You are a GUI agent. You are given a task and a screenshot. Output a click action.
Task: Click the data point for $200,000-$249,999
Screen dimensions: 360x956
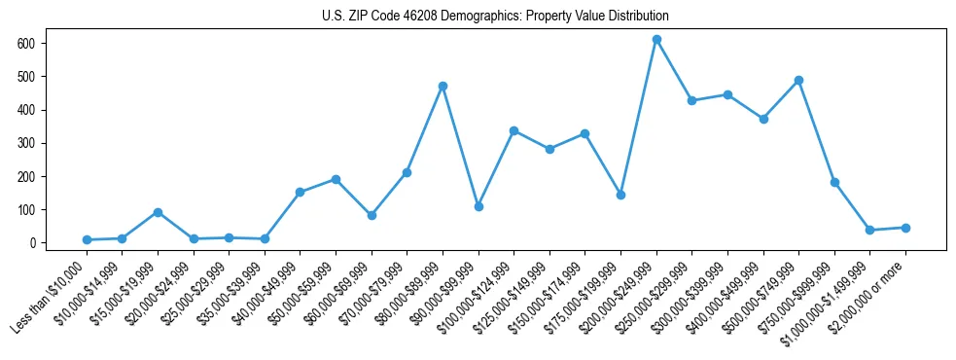(x=656, y=39)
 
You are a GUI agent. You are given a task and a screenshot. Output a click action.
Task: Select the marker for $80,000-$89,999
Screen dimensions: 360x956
(x=443, y=86)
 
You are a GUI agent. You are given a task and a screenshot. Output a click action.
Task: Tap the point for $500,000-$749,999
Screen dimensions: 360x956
(x=798, y=80)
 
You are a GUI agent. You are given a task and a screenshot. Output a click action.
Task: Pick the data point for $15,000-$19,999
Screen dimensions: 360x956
(x=158, y=212)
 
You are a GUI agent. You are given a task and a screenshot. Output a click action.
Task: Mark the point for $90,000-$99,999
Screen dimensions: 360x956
(x=478, y=206)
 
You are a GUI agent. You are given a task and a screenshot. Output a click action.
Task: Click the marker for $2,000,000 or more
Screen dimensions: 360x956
(x=905, y=228)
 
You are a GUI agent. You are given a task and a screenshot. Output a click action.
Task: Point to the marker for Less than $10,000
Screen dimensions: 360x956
(x=87, y=239)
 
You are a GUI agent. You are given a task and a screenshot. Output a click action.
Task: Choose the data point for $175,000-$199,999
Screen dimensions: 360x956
(x=620, y=195)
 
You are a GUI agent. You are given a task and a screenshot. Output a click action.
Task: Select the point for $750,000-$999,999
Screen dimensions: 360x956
(x=834, y=182)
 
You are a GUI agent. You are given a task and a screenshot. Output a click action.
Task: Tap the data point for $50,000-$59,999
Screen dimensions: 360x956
(x=336, y=179)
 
